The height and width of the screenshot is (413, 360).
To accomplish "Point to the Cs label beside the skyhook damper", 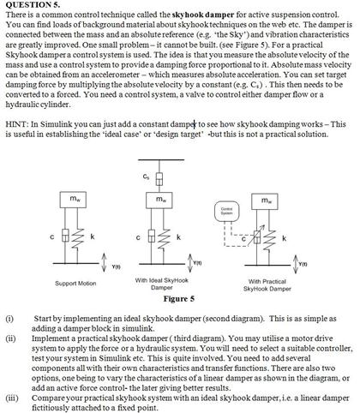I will point(146,177).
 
